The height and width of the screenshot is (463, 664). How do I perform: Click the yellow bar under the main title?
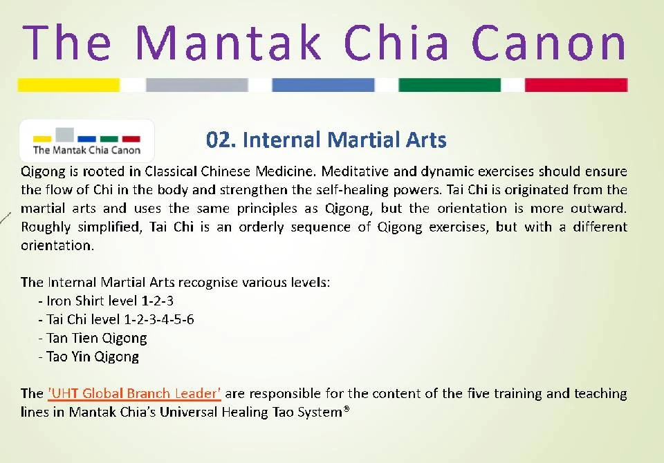tap(68, 85)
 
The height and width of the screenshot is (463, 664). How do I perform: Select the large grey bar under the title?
tap(196, 85)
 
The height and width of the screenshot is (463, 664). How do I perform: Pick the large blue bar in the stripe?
tap(323, 85)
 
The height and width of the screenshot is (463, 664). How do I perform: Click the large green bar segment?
tap(450, 85)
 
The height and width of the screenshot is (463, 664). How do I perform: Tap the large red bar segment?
tap(576, 85)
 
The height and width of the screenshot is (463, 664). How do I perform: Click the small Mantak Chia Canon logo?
tap(86, 141)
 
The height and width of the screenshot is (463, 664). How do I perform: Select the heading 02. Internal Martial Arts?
tap(326, 140)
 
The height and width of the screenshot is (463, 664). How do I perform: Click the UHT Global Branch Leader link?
tap(134, 394)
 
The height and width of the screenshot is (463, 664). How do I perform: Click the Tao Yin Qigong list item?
tap(91, 357)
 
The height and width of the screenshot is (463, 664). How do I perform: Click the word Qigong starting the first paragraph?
tap(39, 171)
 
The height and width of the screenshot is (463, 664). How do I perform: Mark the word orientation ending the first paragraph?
tap(55, 245)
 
